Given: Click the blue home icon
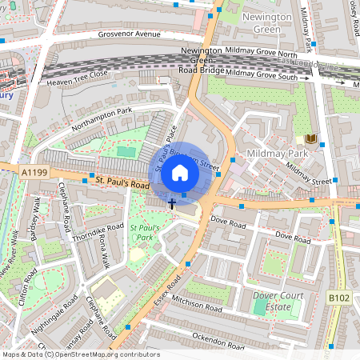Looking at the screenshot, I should tap(180, 172).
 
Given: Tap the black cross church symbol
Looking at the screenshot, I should tap(172, 204).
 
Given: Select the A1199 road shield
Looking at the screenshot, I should tap(34, 171).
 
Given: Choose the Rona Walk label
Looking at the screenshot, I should tap(104, 253).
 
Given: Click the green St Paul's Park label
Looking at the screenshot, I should tap(146, 233).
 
